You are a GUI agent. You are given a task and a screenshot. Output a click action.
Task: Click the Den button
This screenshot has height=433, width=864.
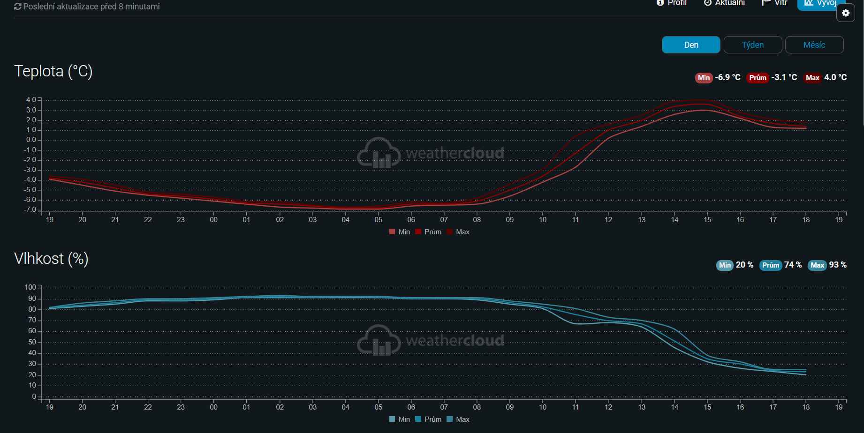[691, 45]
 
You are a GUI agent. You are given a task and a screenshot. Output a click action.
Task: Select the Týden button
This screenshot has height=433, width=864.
[753, 45]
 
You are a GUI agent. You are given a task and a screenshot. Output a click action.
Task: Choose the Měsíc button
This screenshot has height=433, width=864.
[814, 45]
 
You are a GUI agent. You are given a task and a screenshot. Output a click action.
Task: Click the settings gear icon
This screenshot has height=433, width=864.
[846, 13]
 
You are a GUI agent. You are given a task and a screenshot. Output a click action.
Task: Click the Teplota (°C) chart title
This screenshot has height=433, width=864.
[53, 71]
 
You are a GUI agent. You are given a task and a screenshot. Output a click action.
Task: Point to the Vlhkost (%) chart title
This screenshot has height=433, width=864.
[52, 259]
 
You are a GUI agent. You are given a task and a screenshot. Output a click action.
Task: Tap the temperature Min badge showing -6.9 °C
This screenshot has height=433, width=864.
[704, 78]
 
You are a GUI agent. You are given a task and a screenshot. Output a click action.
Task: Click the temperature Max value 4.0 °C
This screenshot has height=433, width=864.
[835, 77]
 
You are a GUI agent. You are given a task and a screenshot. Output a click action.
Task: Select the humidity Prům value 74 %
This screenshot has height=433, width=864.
[793, 265]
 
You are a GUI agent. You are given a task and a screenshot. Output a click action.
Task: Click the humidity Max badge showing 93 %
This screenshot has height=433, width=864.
[817, 265]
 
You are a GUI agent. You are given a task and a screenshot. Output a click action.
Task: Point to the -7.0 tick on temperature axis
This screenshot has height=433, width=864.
[30, 209]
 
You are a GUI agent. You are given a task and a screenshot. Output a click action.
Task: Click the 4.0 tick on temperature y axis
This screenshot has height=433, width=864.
[31, 100]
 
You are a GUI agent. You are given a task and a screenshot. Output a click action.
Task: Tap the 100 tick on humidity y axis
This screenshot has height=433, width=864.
[30, 287]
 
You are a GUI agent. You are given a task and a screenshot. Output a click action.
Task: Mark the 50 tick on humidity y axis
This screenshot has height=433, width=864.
[32, 342]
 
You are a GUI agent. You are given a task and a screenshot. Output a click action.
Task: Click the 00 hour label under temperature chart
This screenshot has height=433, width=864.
[213, 220]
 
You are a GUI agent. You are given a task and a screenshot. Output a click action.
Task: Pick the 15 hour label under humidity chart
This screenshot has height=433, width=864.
[707, 407]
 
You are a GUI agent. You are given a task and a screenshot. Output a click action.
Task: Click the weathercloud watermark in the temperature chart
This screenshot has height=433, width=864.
[431, 153]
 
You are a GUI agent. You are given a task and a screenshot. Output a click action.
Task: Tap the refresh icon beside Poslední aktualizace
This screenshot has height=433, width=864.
[18, 7]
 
